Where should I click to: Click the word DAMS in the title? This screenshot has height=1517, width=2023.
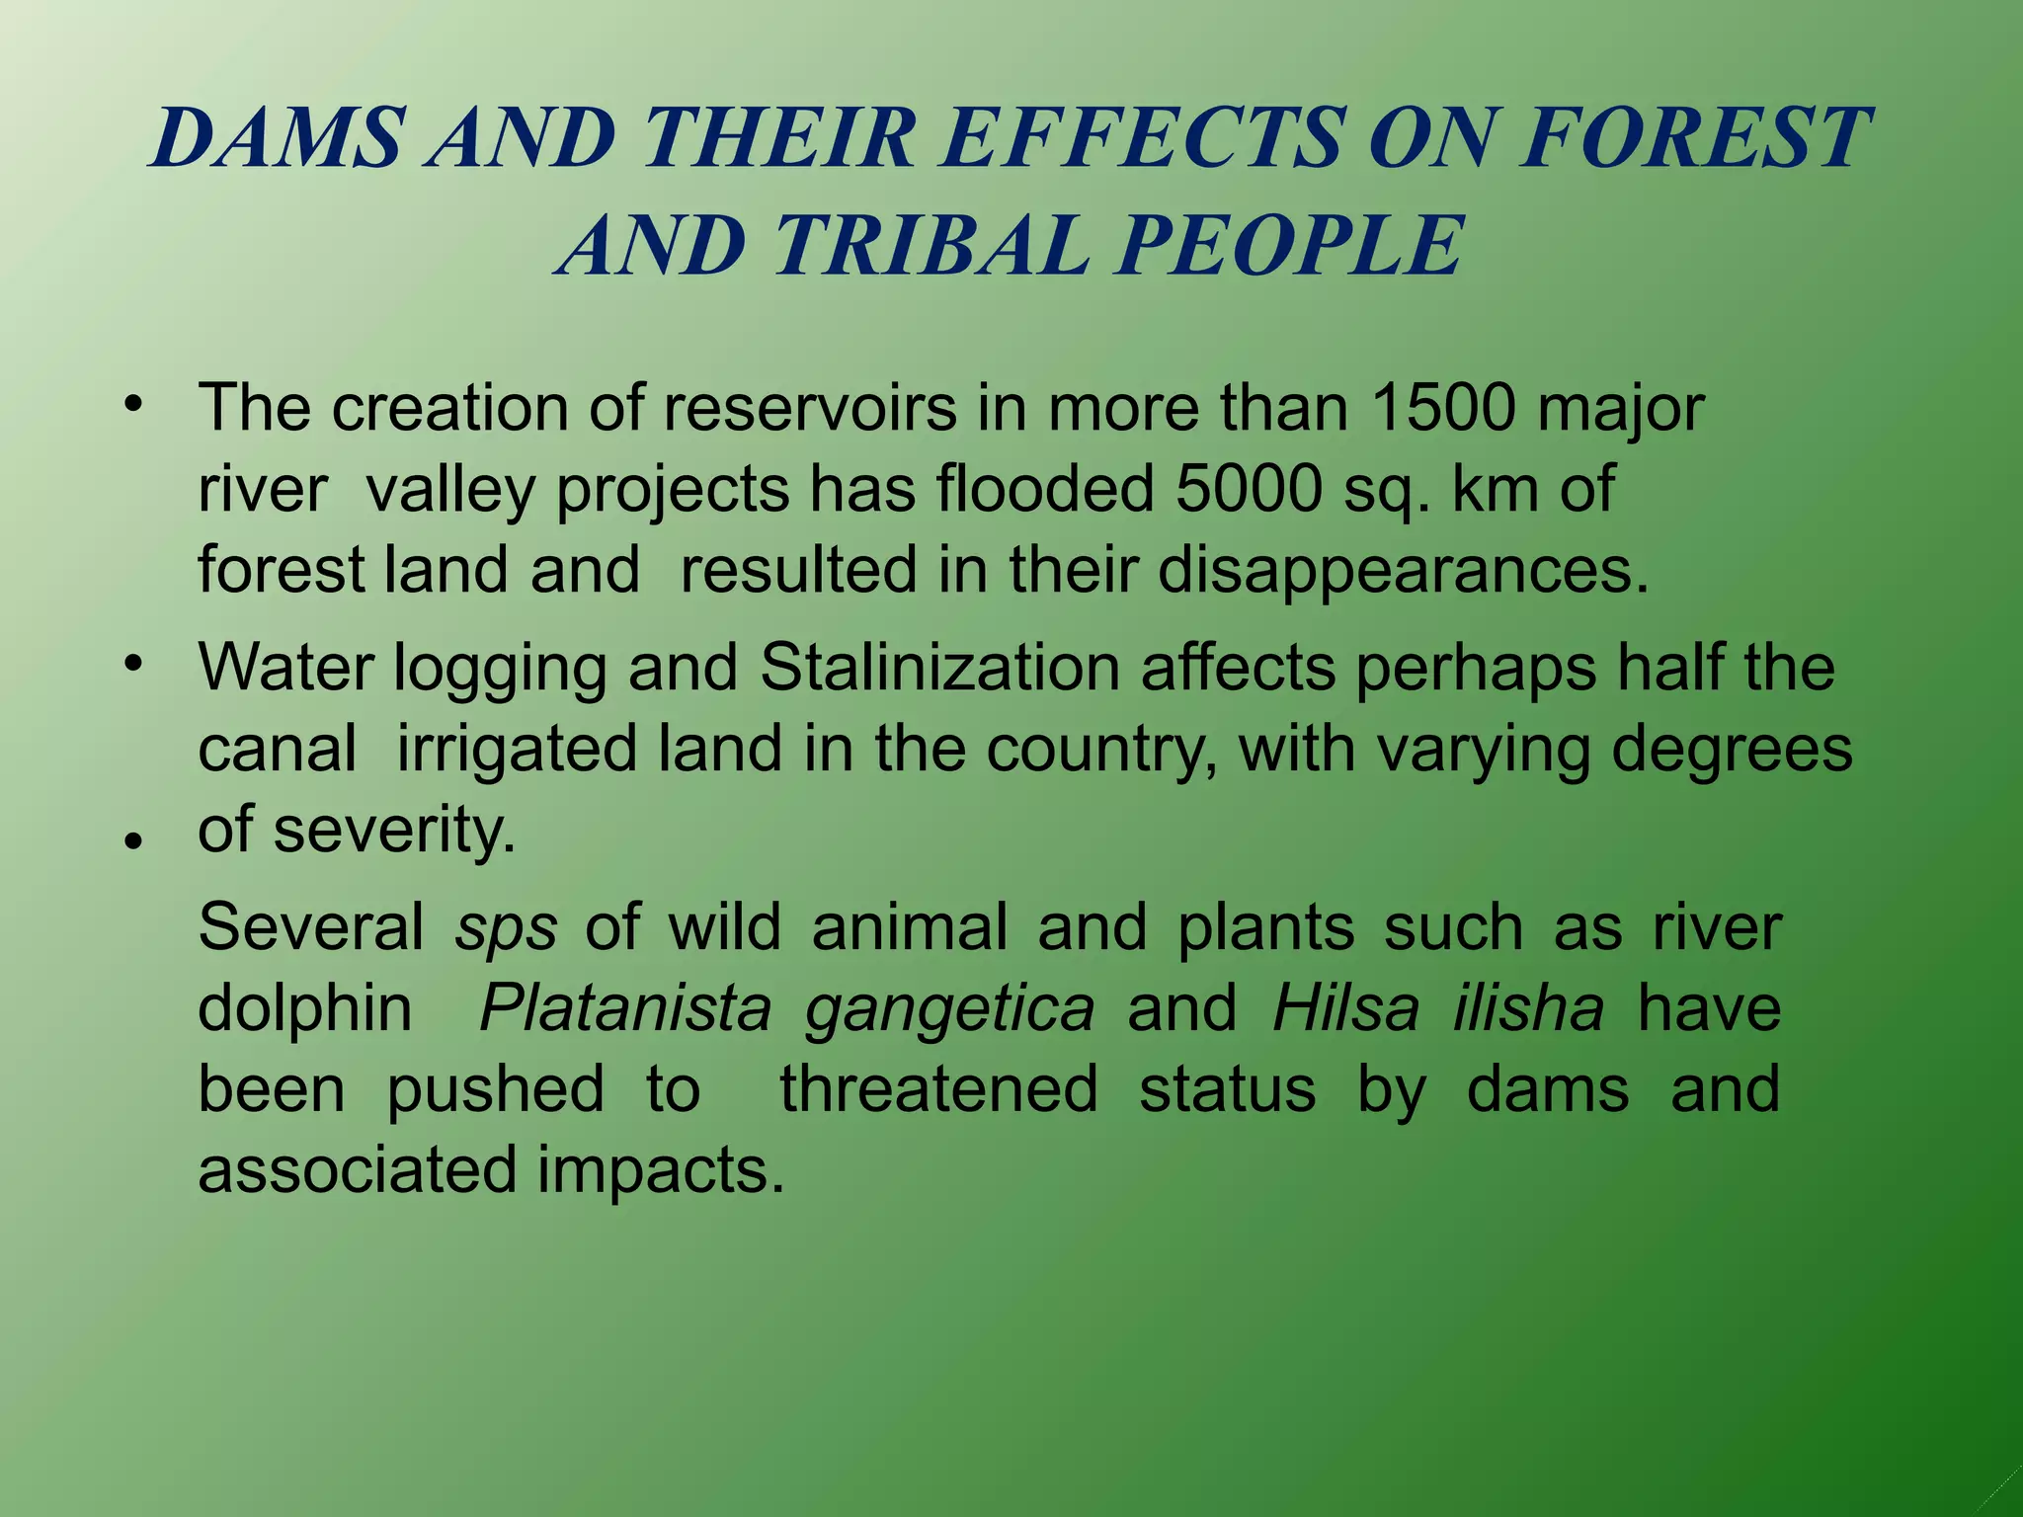coord(279,137)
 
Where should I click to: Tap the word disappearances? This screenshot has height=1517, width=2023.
coord(1403,572)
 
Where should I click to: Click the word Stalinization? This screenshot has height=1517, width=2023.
coord(939,668)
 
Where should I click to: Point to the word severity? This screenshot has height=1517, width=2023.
coord(395,831)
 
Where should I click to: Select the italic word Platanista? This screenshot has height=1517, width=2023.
coord(625,1009)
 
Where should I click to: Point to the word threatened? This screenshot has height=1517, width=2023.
coord(938,1090)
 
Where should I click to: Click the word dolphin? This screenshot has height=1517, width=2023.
coord(305,1009)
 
